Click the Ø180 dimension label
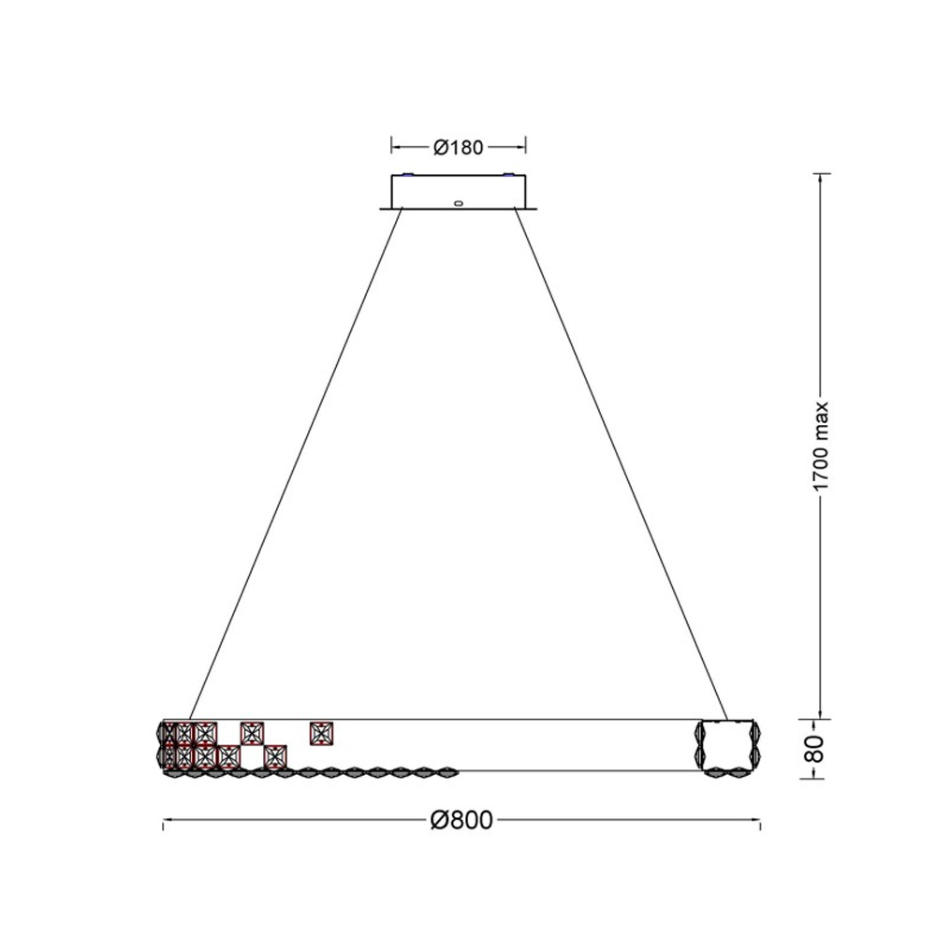point(458,147)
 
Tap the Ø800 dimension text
point(461,820)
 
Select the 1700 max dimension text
point(822,446)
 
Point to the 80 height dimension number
point(815,748)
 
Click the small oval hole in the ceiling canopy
point(458,203)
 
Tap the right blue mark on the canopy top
point(508,175)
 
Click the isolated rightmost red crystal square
point(322,733)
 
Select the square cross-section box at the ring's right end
point(725,746)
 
